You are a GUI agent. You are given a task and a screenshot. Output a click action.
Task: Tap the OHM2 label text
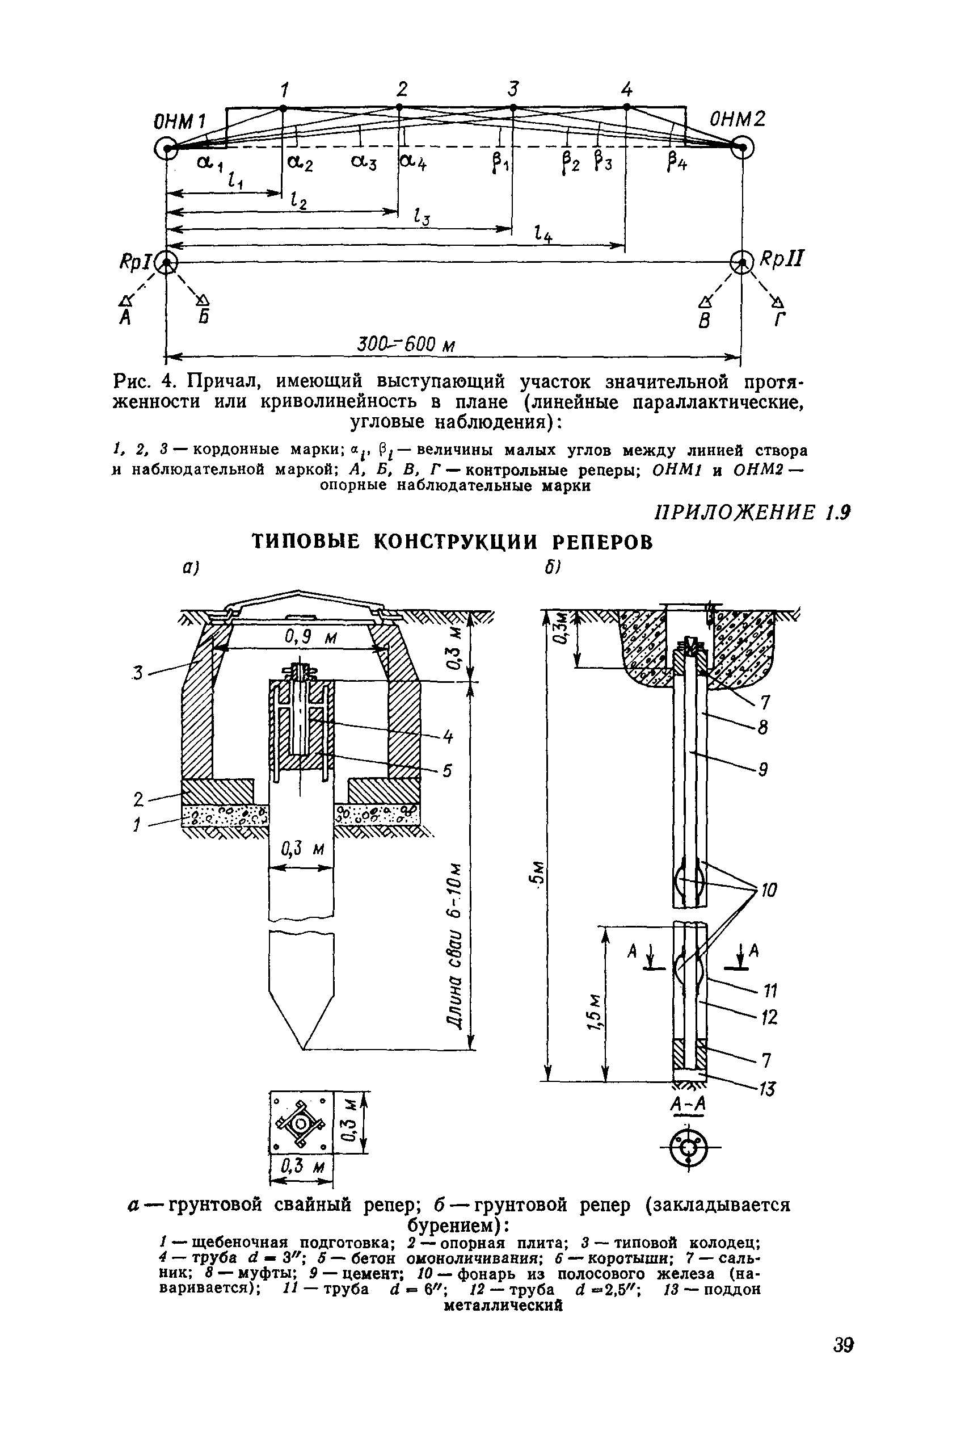(738, 118)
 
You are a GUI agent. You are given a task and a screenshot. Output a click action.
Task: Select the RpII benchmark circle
(741, 263)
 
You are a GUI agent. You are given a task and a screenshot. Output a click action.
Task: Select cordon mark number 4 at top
(626, 90)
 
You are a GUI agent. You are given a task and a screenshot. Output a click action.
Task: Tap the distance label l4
(543, 234)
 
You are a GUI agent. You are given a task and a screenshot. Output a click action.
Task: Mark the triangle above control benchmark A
(127, 300)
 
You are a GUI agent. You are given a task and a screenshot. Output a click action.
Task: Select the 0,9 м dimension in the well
(310, 639)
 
